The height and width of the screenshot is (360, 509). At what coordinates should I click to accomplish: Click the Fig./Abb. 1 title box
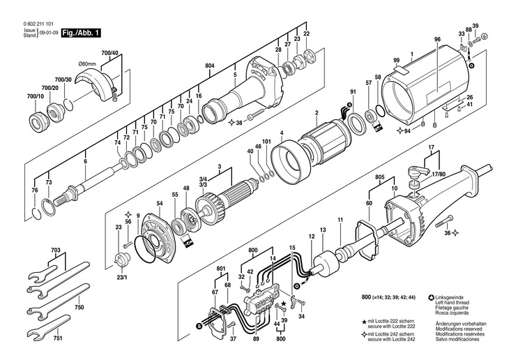[82, 33]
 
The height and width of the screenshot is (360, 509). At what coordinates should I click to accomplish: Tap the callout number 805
[380, 178]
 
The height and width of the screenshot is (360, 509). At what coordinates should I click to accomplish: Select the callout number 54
[159, 203]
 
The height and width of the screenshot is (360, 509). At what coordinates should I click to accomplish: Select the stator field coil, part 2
[327, 140]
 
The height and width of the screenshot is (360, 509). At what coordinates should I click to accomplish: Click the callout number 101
[266, 141]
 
